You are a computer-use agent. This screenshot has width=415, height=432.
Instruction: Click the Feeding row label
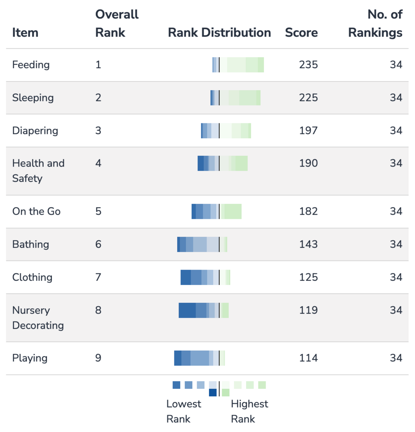click(31, 65)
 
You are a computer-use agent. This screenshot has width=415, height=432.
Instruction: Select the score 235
click(308, 65)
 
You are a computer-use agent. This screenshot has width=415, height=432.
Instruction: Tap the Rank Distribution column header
click(220, 32)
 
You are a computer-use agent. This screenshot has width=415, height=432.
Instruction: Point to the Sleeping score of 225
click(308, 98)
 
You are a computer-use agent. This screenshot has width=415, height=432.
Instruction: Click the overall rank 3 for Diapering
click(98, 130)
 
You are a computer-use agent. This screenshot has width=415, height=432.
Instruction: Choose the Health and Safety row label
click(38, 171)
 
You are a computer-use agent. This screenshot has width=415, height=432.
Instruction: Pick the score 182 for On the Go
click(308, 211)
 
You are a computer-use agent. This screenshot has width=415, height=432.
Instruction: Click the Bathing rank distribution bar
click(202, 244)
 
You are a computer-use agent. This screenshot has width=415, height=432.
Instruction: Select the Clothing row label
click(32, 277)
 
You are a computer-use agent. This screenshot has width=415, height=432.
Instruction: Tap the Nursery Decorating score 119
click(308, 310)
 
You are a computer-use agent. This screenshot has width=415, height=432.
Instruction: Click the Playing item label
click(30, 358)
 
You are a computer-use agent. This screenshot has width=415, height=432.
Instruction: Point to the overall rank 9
click(98, 358)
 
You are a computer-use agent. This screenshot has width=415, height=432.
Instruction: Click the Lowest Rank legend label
click(183, 411)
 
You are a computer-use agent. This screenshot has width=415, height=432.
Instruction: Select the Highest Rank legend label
click(249, 411)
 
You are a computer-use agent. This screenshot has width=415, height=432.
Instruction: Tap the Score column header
click(301, 32)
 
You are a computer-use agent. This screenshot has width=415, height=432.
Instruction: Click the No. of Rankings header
click(376, 23)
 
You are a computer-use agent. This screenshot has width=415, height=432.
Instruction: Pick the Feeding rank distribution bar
click(238, 65)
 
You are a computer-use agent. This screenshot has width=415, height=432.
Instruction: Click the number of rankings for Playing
click(396, 358)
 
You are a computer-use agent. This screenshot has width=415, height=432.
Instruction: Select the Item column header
click(25, 32)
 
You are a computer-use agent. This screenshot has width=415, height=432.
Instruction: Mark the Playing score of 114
click(308, 358)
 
